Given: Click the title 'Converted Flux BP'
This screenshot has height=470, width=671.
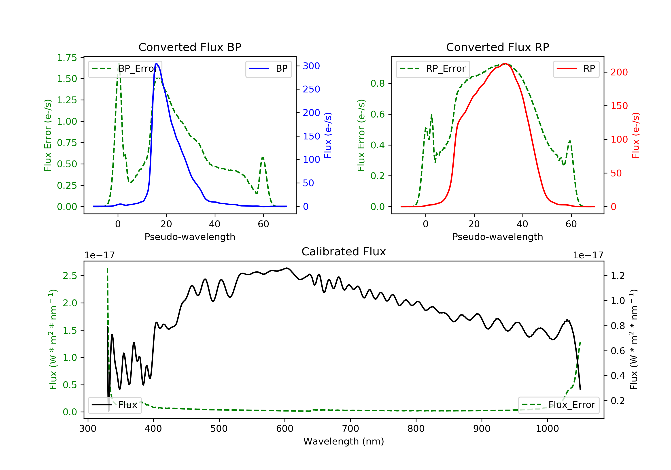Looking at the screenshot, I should [190, 47].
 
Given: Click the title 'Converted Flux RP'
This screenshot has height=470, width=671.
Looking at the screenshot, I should [497, 47].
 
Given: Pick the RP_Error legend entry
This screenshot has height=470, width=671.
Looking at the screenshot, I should [433, 69].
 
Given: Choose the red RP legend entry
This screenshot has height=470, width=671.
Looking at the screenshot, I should [576, 69].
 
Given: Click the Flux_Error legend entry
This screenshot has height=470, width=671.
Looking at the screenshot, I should [558, 405].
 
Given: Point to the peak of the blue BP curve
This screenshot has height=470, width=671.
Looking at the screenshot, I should [157, 64].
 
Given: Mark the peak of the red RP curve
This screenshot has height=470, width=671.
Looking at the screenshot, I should [505, 64].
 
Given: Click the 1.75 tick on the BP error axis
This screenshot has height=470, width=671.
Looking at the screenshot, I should [67, 58].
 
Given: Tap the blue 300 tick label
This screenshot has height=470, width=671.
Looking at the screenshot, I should [311, 66].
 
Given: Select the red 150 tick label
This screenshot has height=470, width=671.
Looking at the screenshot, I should [619, 106].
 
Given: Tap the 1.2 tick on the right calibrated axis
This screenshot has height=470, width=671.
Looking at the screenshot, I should [618, 276].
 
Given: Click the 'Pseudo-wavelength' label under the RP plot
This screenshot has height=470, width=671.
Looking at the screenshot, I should [497, 237].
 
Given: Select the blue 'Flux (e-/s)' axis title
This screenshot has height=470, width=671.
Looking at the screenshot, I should [328, 135].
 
